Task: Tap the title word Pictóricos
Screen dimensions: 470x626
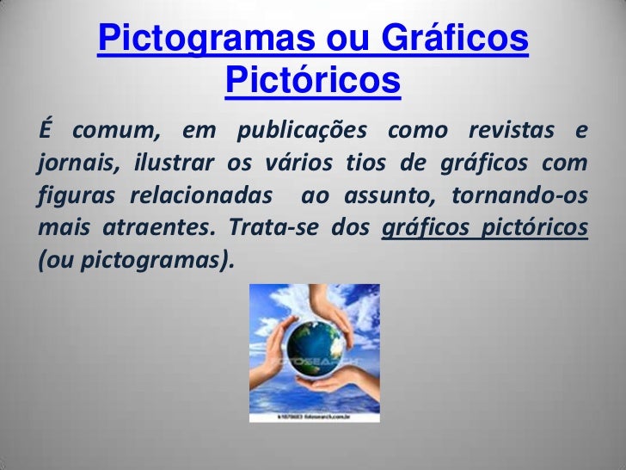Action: (x=313, y=81)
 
